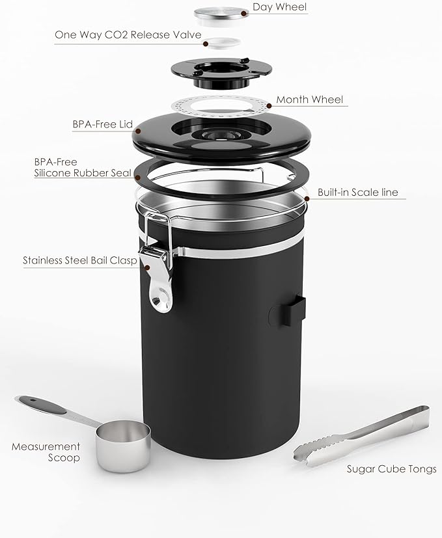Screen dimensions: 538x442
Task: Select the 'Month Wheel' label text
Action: (x=309, y=100)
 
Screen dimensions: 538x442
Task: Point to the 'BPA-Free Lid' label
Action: (x=103, y=124)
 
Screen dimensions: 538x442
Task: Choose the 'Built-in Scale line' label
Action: (x=357, y=193)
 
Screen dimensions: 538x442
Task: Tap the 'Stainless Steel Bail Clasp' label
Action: (x=79, y=260)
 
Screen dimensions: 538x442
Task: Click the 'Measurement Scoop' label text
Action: (x=46, y=452)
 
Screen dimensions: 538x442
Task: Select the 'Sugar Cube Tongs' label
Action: (x=391, y=469)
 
